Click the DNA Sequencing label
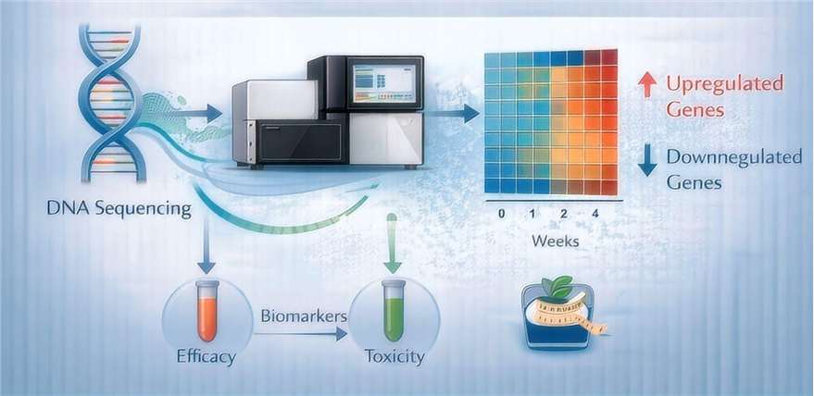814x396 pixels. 119,209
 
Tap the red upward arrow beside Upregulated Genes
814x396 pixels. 646,84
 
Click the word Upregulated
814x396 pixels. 725,84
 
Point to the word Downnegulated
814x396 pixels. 734,157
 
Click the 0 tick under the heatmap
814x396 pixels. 501,213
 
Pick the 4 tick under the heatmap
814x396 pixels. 595,213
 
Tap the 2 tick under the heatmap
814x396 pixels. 563,213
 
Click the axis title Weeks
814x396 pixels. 555,241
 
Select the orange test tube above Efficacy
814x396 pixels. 207,310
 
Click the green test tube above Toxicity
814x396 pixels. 394,310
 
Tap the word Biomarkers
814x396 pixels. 304,316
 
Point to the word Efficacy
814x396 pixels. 207,356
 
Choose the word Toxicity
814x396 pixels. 394,356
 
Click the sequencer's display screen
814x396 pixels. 384,82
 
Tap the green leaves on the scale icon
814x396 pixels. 557,286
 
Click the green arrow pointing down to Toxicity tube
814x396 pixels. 393,243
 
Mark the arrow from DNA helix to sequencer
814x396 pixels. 198,113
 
